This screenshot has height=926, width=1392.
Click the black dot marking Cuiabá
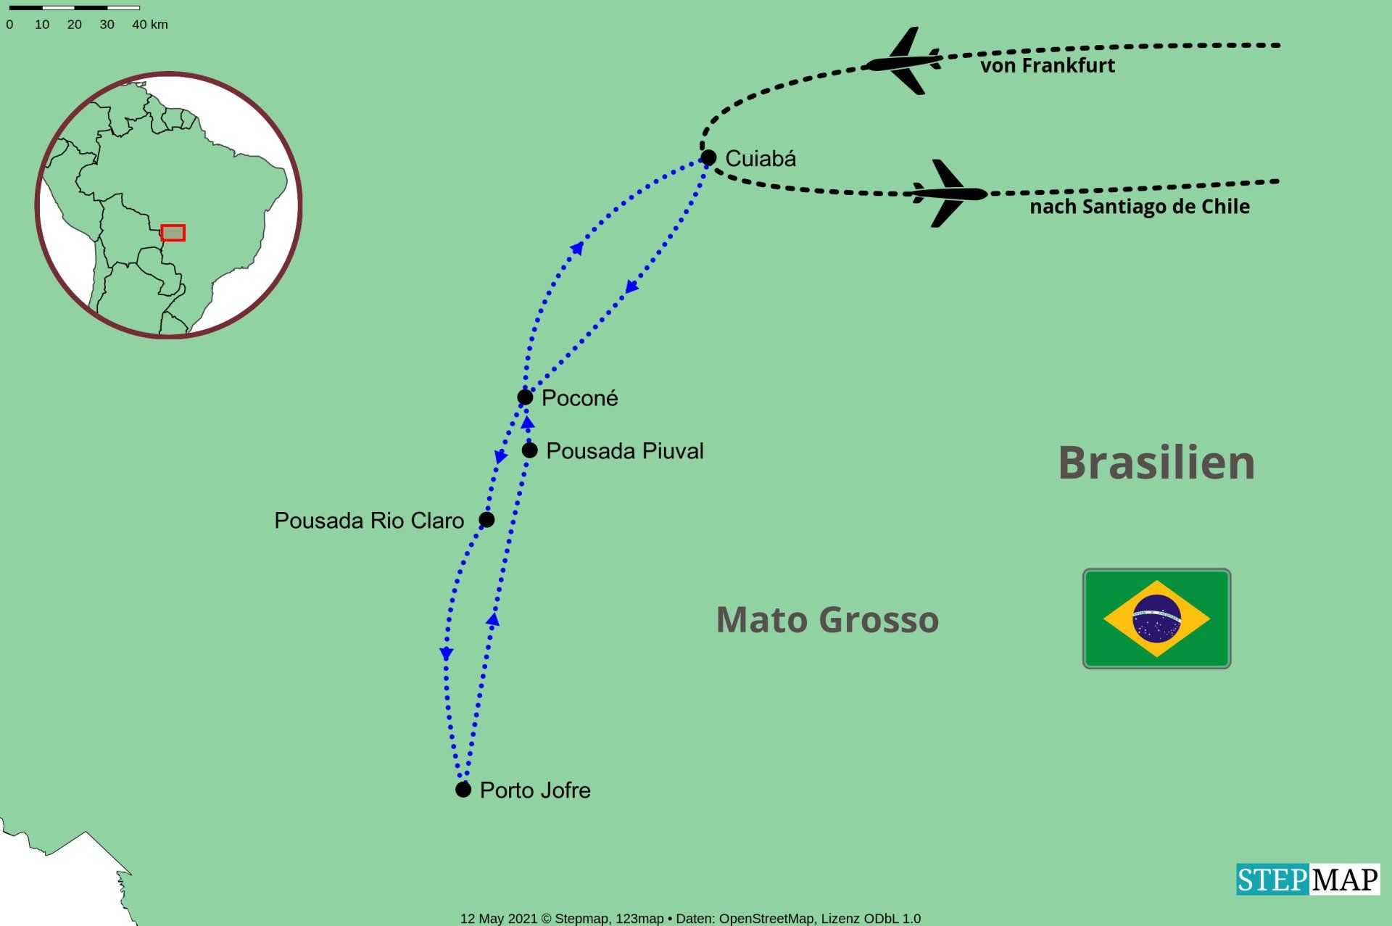[708, 157]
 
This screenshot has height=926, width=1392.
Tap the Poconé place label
[579, 398]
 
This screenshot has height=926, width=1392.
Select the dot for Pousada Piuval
[530, 450]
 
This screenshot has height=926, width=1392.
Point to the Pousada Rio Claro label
[369, 521]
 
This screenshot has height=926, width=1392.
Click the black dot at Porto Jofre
[463, 789]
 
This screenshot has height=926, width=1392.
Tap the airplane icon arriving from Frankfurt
[903, 62]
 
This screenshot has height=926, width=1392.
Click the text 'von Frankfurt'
[1048, 65]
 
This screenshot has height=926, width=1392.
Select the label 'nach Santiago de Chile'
[1140, 207]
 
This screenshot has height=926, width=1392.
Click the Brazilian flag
[1156, 619]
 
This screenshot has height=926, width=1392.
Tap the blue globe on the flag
[1156, 619]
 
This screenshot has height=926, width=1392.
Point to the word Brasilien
[1156, 463]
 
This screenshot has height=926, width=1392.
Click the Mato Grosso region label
[827, 620]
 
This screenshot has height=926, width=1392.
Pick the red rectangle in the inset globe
[173, 233]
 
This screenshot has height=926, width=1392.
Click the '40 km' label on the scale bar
[150, 24]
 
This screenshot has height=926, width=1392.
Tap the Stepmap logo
[1308, 880]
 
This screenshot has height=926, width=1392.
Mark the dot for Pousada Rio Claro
[486, 519]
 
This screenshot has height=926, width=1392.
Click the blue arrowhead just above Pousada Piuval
[528, 423]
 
